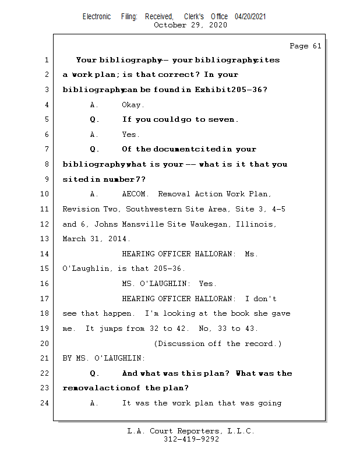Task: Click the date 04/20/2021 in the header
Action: tap(250, 17)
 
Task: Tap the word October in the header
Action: tap(170, 25)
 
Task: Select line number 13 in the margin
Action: tap(45, 239)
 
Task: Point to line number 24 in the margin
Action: tap(45, 403)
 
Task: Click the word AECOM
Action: tap(137, 194)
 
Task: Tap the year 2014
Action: tap(119, 239)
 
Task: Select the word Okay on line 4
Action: tap(133, 105)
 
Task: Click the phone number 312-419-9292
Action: tap(191, 439)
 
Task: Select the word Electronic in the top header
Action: tap(97, 17)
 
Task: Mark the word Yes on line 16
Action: tap(207, 284)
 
